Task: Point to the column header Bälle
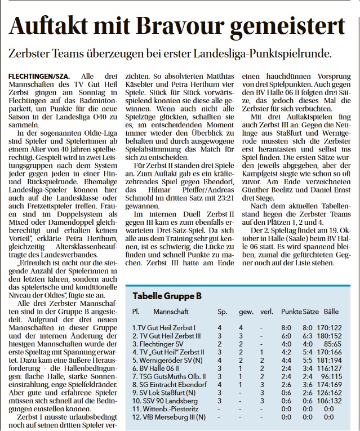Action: [x=331, y=312]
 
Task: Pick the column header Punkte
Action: [x=291, y=312]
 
